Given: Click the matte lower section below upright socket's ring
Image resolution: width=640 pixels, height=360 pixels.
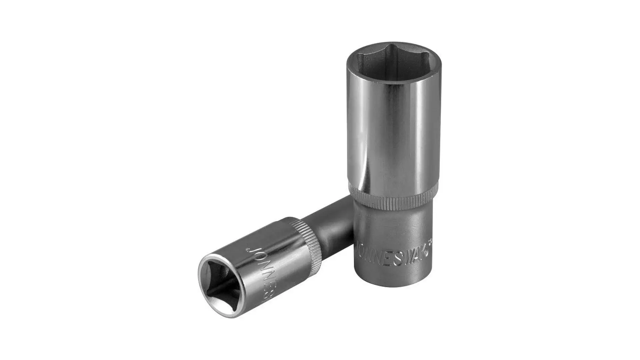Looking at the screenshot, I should click(x=393, y=227).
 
